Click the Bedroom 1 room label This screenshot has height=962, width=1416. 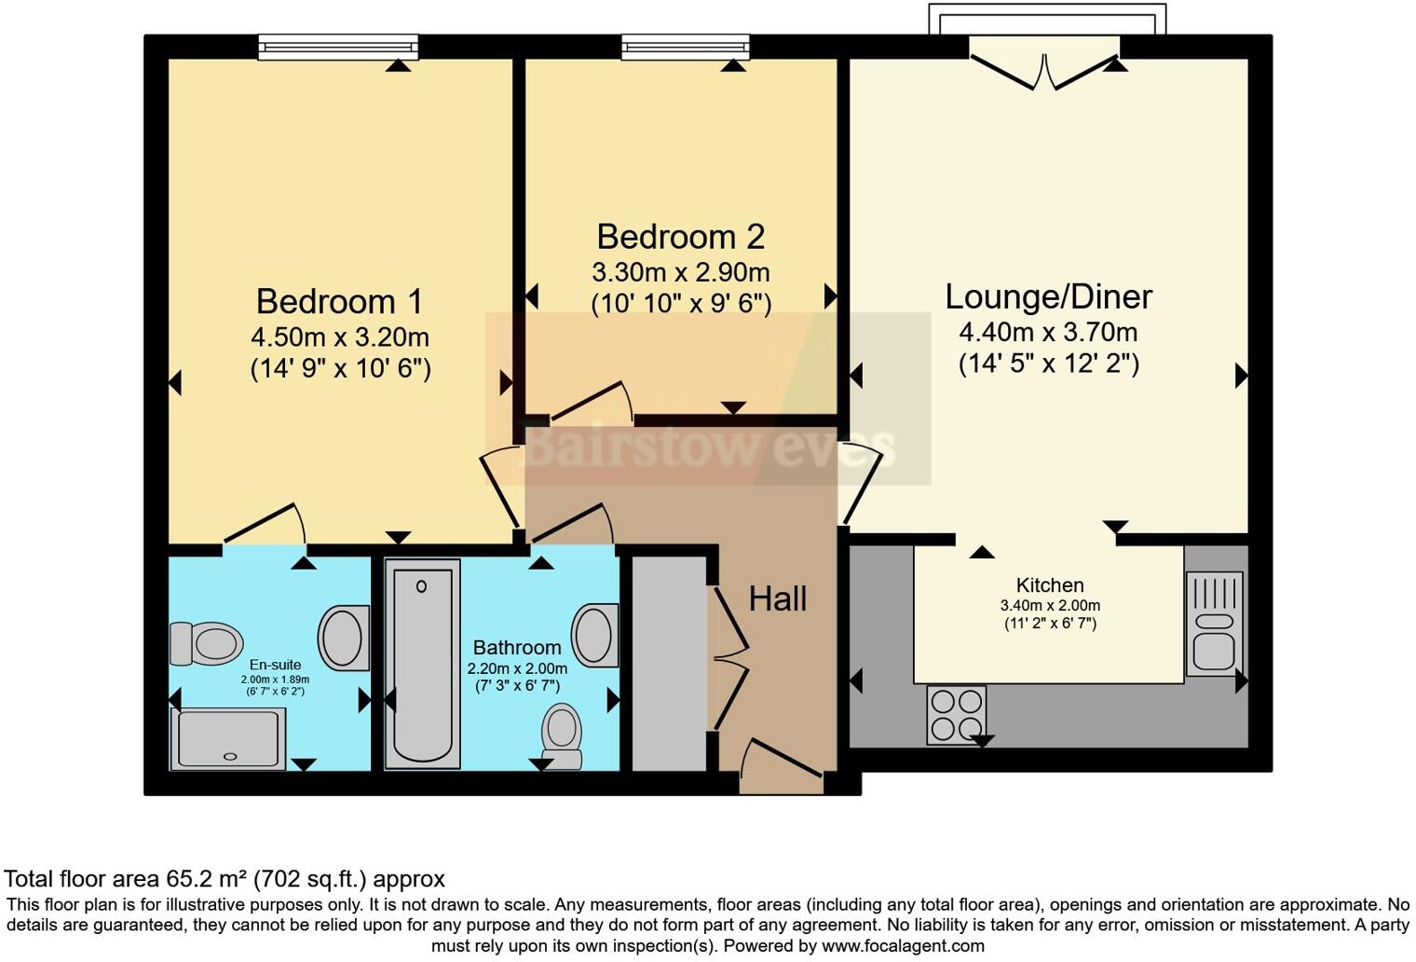click(339, 301)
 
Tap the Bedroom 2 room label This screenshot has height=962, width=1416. click(681, 237)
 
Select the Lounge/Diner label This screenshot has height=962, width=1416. click(1049, 296)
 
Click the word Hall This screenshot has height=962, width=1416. click(778, 598)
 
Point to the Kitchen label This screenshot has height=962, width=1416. click(1050, 585)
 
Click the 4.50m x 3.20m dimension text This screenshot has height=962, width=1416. click(340, 337)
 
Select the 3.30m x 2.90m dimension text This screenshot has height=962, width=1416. click(681, 272)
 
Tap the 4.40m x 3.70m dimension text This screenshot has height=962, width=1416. click(1049, 332)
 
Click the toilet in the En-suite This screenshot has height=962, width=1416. click(206, 643)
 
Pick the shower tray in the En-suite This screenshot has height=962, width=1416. click(227, 738)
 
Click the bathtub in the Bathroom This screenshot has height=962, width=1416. click(422, 664)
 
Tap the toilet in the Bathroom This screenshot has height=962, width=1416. click(562, 736)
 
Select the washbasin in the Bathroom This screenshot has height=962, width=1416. click(595, 635)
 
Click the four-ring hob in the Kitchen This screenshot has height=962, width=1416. click(957, 715)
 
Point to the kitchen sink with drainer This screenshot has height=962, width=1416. click(1215, 625)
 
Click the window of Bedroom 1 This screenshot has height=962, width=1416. click(338, 47)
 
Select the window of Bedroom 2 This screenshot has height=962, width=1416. click(686, 47)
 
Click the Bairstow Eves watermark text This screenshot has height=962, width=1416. click(709, 447)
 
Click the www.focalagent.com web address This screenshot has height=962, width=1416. click(903, 946)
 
